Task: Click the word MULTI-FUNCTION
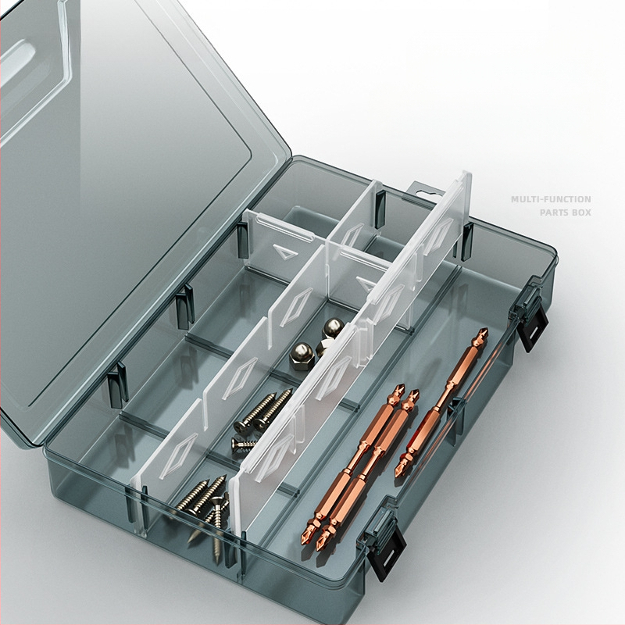point(551,199)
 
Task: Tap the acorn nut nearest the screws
point(302,355)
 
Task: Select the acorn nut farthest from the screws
point(333,328)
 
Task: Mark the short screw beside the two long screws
point(244,442)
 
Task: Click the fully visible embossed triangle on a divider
point(285,252)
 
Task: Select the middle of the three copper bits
point(367,471)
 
